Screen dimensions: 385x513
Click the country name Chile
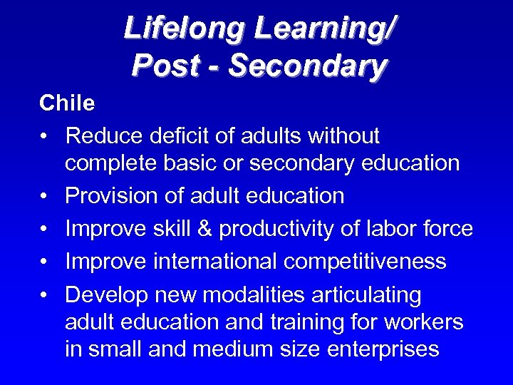tap(67, 103)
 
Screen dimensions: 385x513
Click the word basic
tap(212, 163)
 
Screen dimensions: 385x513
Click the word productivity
tap(284, 229)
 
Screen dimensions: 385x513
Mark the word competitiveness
tap(365, 262)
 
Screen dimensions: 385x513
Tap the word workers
tap(423, 322)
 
